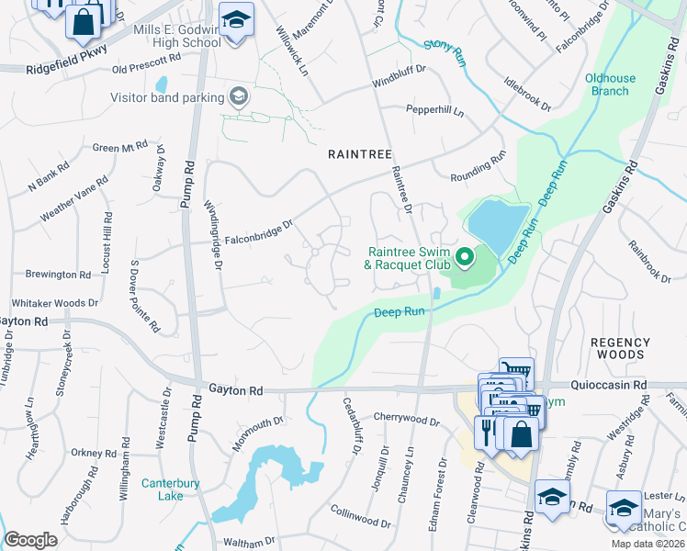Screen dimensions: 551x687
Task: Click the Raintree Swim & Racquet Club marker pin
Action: click(x=465, y=254)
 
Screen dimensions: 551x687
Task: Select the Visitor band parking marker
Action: click(x=238, y=96)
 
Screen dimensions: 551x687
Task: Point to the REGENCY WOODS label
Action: click(x=620, y=348)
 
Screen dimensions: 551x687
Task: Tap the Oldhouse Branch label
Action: click(x=607, y=84)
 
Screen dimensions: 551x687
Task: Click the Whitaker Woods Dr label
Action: click(x=54, y=303)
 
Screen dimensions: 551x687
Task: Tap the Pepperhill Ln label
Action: click(x=435, y=111)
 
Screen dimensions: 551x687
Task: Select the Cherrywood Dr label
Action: click(x=406, y=419)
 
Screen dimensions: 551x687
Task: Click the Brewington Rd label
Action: click(x=58, y=275)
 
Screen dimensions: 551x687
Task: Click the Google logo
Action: click(x=30, y=540)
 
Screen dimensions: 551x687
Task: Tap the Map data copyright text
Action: click(x=647, y=544)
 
